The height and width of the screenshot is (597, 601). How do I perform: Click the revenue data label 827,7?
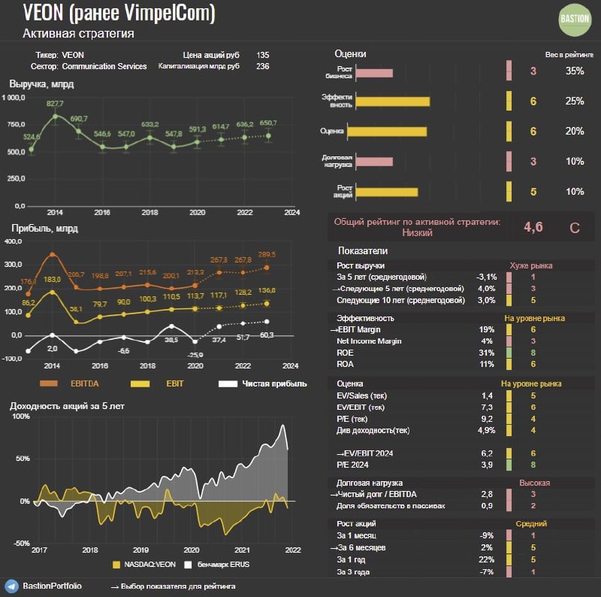55,103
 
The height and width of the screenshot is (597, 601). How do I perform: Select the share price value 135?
262,55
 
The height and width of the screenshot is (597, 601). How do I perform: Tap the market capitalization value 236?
262,66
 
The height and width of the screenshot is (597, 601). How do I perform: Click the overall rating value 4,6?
533,227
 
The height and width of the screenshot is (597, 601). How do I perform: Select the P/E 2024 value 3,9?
486,465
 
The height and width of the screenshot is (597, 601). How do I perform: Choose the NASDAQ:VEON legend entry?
147,563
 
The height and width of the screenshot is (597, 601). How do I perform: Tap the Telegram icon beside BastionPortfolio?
11,585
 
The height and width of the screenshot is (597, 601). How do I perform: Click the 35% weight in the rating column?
574,71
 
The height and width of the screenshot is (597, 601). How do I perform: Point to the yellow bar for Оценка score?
390,132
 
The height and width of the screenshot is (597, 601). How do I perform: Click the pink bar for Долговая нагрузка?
373,162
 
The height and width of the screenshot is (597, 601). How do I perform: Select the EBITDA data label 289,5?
267,254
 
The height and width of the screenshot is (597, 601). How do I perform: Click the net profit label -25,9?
195,354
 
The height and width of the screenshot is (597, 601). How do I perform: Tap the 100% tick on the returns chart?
20,417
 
